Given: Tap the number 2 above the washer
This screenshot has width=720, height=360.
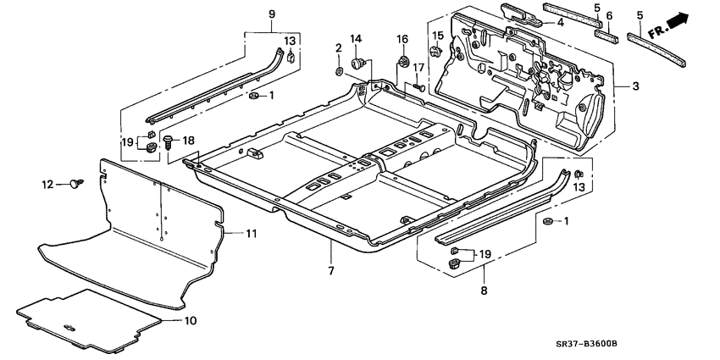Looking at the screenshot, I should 338,48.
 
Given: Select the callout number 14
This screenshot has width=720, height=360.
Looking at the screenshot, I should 356,39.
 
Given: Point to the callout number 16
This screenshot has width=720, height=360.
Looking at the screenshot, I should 402,39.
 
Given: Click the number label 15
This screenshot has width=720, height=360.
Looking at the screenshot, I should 438,35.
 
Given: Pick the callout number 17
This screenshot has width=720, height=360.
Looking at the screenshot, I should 418,68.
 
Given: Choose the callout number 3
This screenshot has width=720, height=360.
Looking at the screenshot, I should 635,86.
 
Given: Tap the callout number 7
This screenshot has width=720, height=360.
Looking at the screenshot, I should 330,271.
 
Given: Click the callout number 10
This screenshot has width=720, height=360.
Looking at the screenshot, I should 190,321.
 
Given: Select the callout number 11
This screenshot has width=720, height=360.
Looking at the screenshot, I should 251,234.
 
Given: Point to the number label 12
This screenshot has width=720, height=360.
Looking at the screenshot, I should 48,184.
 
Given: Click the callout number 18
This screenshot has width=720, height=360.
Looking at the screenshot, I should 188,141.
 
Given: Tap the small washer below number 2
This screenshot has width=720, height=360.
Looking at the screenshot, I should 339,70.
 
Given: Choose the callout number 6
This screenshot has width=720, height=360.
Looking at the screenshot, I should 608,15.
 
